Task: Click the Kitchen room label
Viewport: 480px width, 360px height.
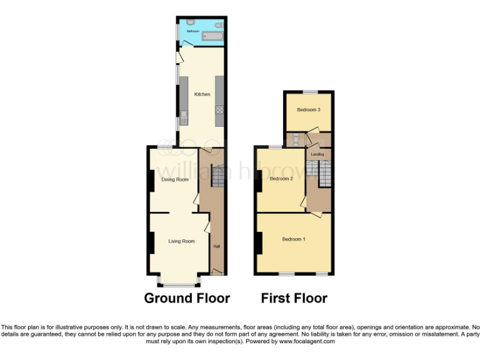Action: [x=202, y=94]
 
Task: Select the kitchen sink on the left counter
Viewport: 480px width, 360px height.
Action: [x=184, y=114]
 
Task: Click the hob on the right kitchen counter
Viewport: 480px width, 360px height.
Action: [x=219, y=111]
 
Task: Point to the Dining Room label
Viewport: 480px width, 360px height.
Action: [x=175, y=180]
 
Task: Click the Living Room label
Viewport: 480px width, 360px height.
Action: [x=181, y=241]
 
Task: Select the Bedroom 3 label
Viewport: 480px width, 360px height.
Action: [x=308, y=110]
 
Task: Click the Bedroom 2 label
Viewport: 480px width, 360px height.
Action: [x=281, y=179]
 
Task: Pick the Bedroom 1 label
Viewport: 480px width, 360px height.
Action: [x=293, y=239]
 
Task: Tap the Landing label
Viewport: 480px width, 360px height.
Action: [x=317, y=154]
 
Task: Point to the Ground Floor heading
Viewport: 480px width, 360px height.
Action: [x=187, y=298]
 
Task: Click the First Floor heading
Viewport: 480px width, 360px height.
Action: [x=294, y=298]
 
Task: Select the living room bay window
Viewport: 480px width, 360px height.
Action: [x=178, y=282]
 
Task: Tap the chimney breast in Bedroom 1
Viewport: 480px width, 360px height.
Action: [x=258, y=242]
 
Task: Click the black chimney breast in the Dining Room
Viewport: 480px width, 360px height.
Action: [x=151, y=181]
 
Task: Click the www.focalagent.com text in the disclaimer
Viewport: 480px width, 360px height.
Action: [x=306, y=342]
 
